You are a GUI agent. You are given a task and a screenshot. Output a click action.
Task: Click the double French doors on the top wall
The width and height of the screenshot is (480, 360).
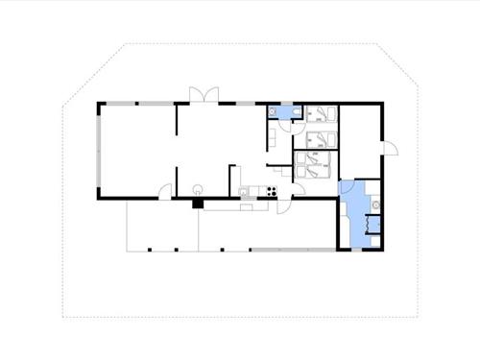pos(203,95)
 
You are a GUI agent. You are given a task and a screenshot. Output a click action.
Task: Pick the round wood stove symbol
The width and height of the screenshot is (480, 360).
pos(199,188)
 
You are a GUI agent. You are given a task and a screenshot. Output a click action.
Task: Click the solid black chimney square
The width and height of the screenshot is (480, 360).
pos(197,203)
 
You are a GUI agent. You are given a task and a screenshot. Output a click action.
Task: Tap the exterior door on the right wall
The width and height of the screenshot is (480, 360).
pos(391,146)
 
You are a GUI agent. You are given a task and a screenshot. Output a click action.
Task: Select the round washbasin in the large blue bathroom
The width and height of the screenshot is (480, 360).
pos(375,204)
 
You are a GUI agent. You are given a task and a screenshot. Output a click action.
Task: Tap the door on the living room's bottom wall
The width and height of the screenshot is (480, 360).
pos(165,191)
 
